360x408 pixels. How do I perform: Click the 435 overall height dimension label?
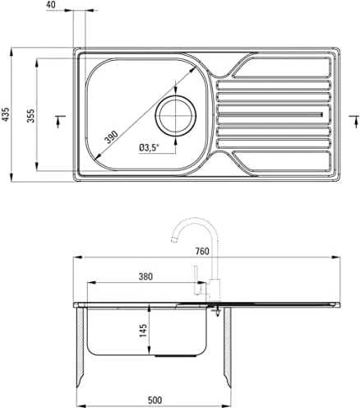tap(6, 114)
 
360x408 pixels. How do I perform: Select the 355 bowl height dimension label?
tap(30, 115)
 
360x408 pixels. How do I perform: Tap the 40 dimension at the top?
tap(51, 4)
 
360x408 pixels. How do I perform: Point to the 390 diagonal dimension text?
tap(111, 137)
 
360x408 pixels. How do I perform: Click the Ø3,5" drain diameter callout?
tap(149, 148)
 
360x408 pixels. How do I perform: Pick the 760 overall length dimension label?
tap(202, 251)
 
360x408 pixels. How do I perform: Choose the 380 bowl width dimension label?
tap(145, 276)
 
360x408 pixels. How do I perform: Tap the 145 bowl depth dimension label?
tap(143, 331)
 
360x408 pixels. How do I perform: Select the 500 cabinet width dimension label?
tap(155, 400)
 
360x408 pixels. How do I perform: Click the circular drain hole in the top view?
tap(176, 116)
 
